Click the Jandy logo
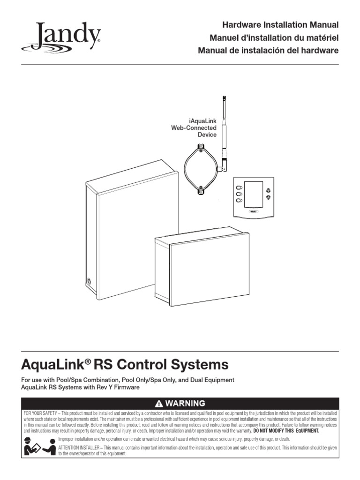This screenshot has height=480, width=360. (x=61, y=37)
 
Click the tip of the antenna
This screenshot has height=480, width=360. (x=222, y=97)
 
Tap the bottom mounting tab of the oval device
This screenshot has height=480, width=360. (x=200, y=189)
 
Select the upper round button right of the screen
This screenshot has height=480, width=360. (x=269, y=190)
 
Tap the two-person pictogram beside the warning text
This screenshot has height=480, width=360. (x=38, y=446)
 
